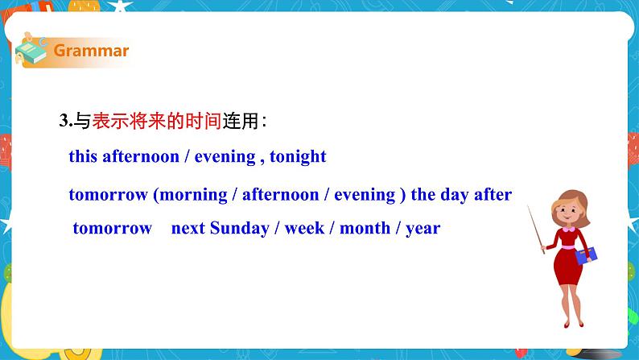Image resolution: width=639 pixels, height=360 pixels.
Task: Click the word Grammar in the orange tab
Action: coord(91,51)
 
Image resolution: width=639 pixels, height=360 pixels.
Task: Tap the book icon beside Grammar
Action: coord(31,51)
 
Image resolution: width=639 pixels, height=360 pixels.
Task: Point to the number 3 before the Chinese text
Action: coord(64,121)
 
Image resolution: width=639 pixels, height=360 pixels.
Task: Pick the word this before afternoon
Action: coord(83,156)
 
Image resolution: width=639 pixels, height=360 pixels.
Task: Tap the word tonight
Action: coord(298,156)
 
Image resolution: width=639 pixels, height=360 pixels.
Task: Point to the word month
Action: coord(365,228)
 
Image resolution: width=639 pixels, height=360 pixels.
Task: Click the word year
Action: coord(423,228)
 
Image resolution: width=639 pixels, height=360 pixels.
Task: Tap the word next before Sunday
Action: coord(188,228)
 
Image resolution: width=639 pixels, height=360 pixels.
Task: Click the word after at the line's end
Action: coord(497,195)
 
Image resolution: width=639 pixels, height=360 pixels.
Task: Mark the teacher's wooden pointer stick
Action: coord(538,229)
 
